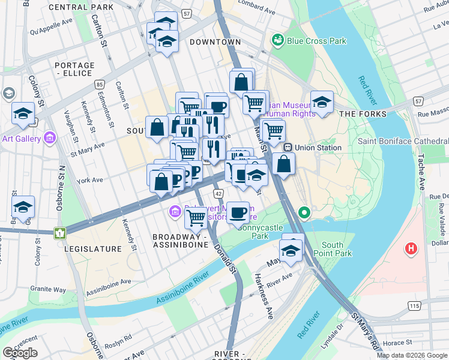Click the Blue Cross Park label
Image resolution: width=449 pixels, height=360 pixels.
point(316,41)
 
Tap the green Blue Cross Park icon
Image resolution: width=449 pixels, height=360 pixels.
point(277,40)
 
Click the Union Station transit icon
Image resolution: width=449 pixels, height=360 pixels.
point(288,148)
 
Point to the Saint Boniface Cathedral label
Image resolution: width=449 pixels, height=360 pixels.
point(403,141)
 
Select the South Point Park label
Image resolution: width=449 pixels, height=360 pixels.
point(336,249)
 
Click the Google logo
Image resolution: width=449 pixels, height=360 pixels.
point(20,353)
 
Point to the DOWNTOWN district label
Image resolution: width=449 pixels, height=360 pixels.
point(215,42)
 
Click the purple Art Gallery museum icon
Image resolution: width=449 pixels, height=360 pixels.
point(50,139)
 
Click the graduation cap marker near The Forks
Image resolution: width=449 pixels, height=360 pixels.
point(322,103)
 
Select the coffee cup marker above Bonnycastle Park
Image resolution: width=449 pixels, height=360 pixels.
point(238,212)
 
